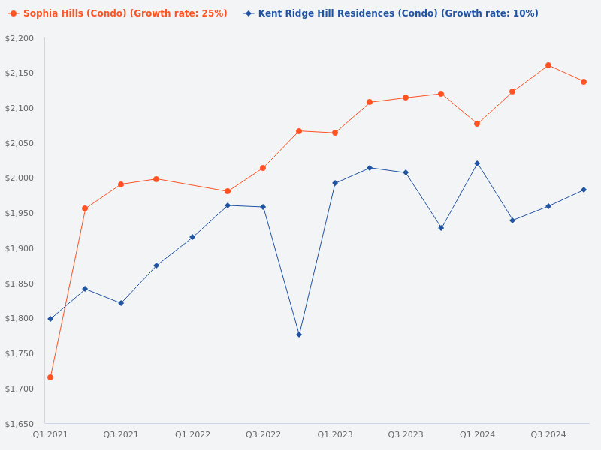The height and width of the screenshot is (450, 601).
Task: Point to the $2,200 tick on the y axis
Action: point(20,38)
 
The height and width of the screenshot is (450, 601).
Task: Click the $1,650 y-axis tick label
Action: point(20,424)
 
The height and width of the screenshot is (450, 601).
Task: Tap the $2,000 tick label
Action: point(20,178)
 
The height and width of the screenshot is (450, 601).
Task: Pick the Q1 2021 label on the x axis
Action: point(50,434)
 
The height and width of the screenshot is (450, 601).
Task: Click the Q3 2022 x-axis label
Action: point(263,434)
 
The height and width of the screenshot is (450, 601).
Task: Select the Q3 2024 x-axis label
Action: point(548,434)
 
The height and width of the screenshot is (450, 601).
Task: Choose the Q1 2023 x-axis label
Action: point(335,434)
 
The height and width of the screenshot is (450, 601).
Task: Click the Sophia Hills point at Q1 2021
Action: point(50,377)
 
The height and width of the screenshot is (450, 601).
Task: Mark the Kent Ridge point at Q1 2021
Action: point(50,319)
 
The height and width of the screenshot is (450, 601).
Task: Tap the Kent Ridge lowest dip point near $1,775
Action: point(299,334)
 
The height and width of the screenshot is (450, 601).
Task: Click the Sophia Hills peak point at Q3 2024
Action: point(548,65)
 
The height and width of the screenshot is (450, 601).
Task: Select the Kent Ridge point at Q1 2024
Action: point(477,163)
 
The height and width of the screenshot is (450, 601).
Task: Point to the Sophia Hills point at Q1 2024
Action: point(477,124)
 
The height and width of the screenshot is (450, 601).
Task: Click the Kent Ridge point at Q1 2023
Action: point(335,183)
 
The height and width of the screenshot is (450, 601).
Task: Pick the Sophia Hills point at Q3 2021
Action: point(121,184)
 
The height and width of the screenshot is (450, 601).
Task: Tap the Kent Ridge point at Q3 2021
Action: point(121,303)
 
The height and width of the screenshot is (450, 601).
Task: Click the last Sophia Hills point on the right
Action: point(584,82)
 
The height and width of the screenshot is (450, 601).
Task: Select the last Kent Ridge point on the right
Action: point(584,190)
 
